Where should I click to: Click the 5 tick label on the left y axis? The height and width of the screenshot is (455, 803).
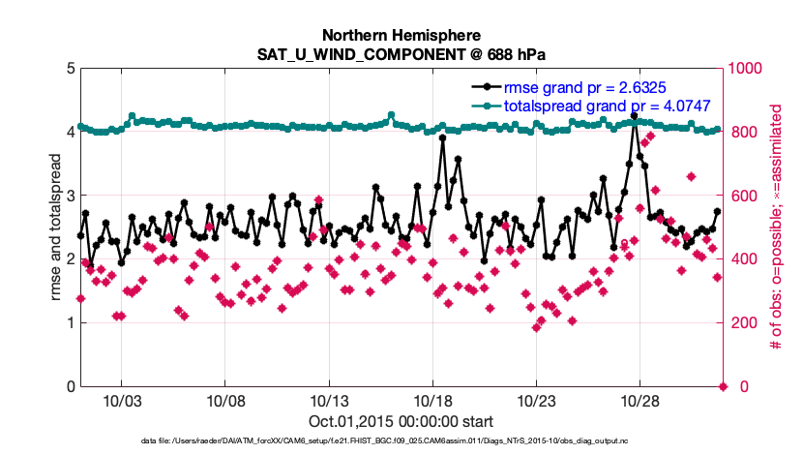click(69, 69)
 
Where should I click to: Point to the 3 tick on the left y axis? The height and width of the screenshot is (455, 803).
click(69, 196)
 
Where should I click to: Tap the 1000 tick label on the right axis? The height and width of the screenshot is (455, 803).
click(749, 69)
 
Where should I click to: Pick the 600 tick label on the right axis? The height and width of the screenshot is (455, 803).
click(745, 196)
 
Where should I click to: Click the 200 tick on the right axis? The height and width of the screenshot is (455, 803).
click(745, 323)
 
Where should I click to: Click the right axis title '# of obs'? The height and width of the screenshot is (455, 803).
click(776, 227)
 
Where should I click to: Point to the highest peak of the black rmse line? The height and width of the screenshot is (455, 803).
click(635, 115)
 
